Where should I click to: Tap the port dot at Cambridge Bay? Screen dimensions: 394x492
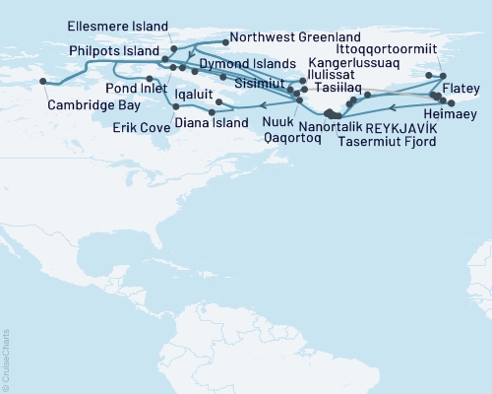(x=41, y=82)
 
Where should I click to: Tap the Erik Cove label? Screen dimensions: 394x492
(x=136, y=126)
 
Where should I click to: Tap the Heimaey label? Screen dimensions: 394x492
(x=459, y=114)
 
